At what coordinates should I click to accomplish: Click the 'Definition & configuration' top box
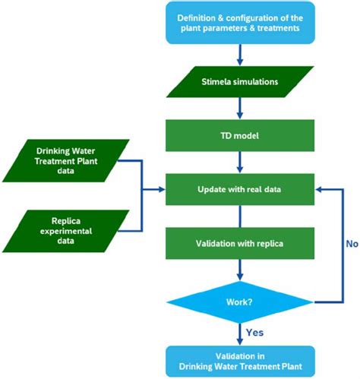(x=240, y=23)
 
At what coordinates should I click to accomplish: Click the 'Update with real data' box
(x=240, y=187)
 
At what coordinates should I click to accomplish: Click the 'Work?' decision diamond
(x=240, y=302)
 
